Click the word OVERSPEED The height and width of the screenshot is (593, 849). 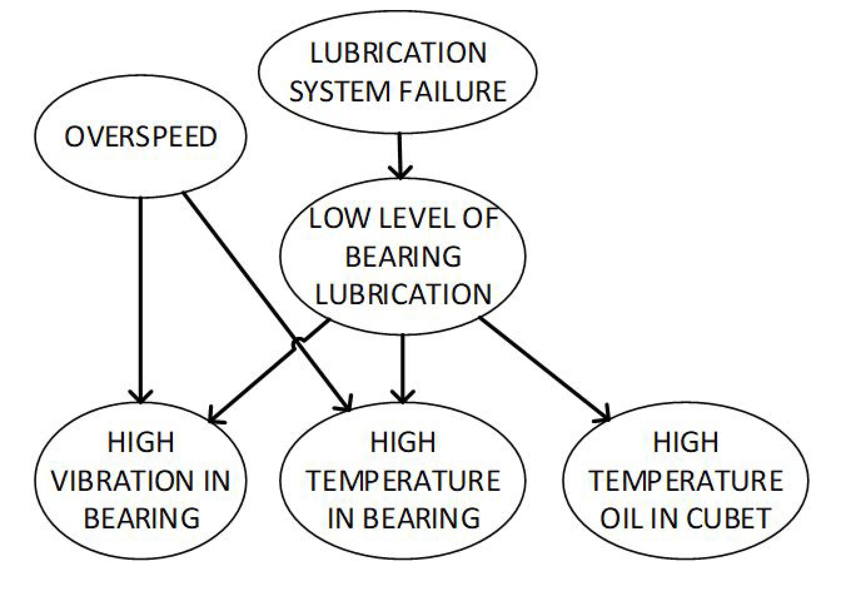pyautogui.click(x=140, y=136)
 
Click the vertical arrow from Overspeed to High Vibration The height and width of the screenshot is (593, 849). pyautogui.click(x=140, y=300)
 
